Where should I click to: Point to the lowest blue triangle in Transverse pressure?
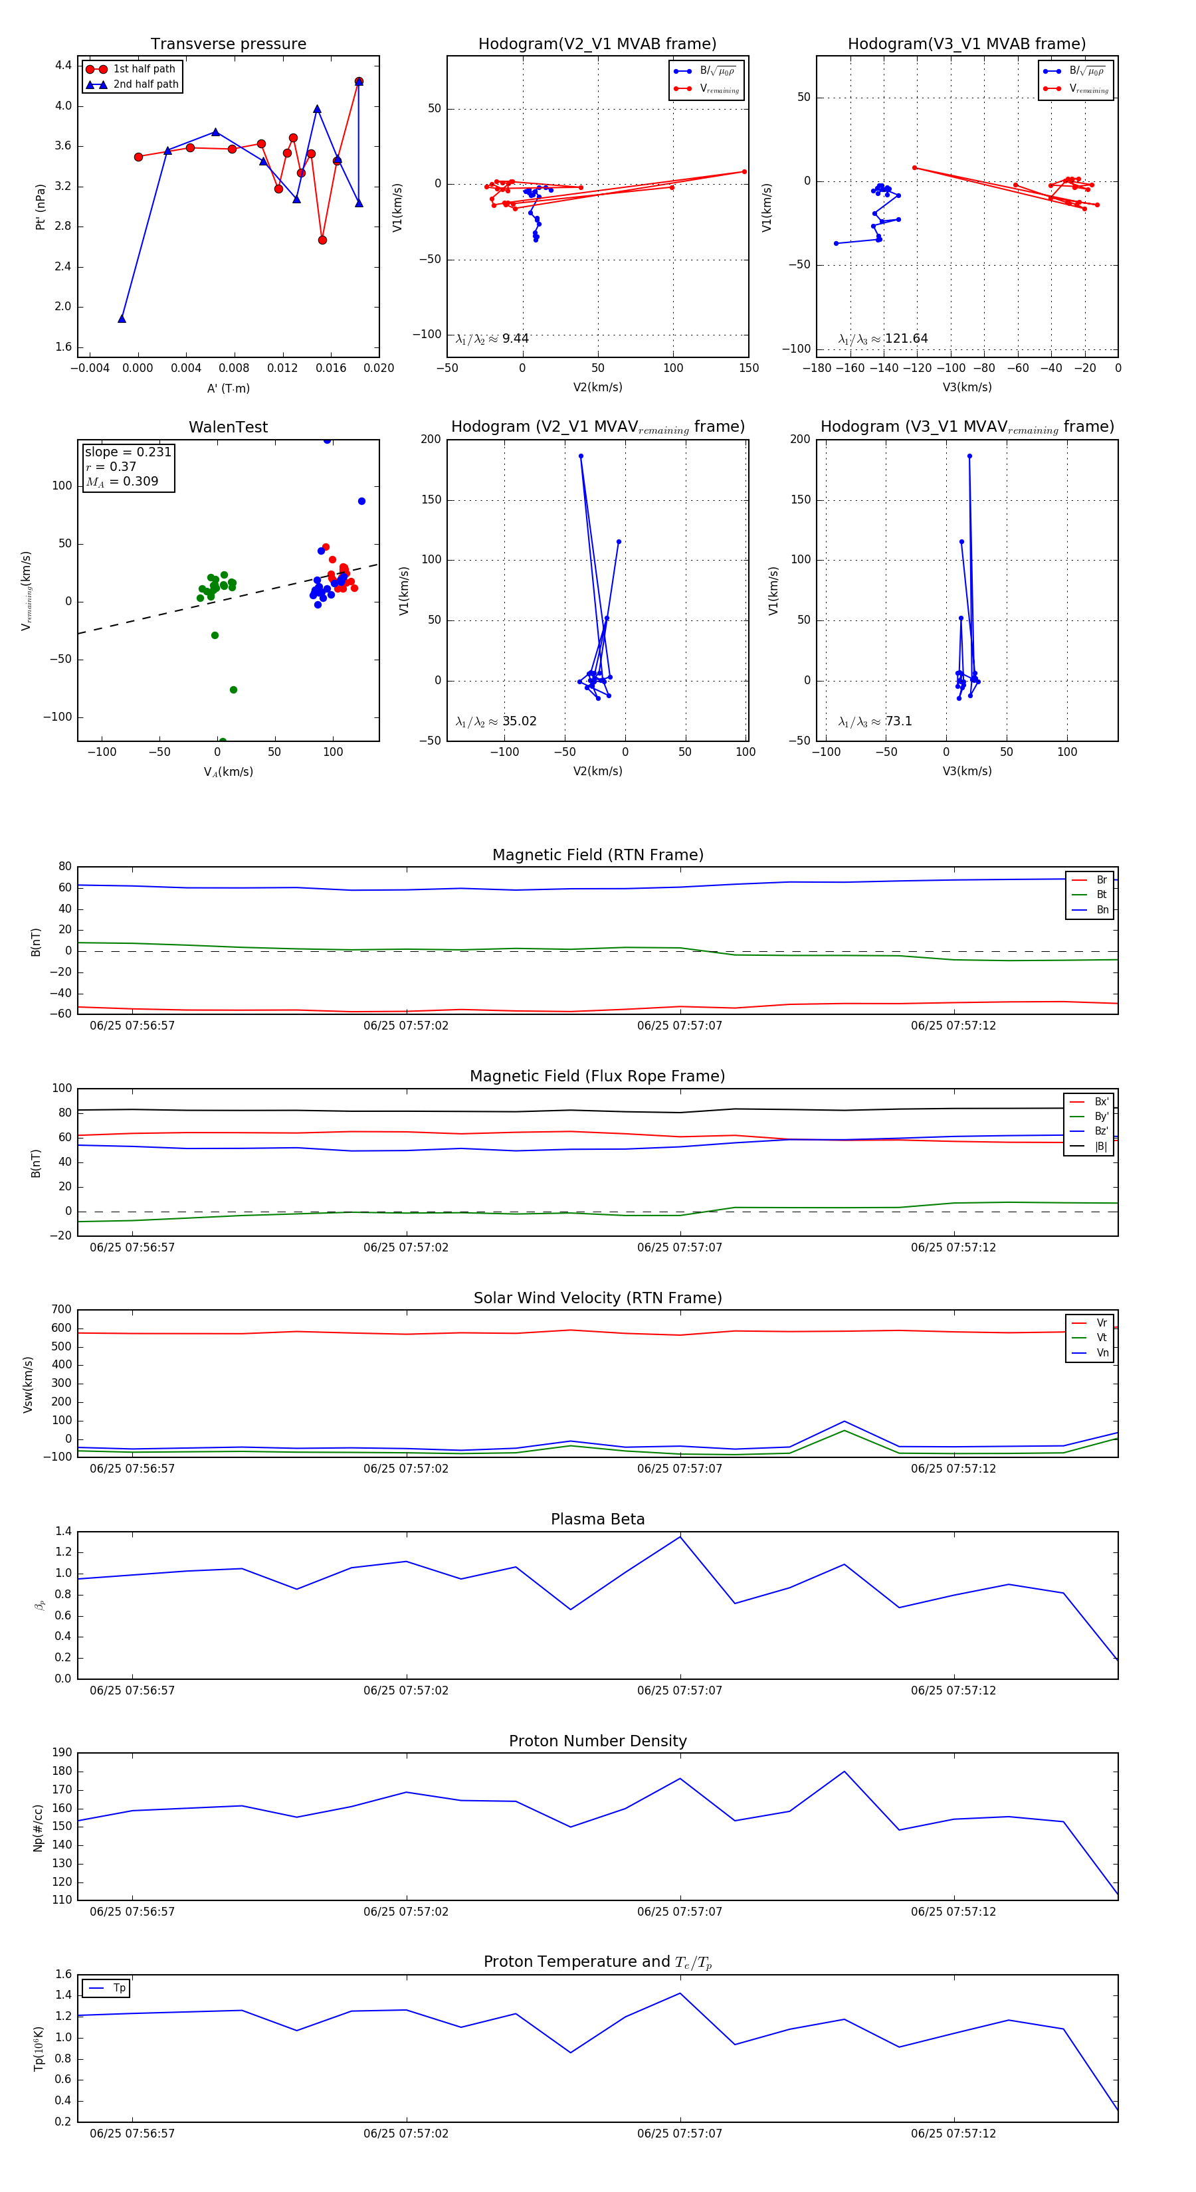[x=122, y=319]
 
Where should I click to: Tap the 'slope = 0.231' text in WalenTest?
[x=128, y=452]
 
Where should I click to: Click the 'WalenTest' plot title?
[x=228, y=427]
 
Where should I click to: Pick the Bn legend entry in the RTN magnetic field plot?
[x=1102, y=909]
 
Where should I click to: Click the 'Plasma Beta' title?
[x=597, y=1519]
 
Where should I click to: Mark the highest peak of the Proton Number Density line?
[x=845, y=1772]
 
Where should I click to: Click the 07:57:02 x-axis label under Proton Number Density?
[x=406, y=1911]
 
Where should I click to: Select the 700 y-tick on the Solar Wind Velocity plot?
[x=61, y=1310]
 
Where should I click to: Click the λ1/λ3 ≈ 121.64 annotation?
[x=883, y=339]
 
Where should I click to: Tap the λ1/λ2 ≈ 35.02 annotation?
[x=496, y=721]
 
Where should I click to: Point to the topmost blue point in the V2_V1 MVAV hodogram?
[x=581, y=456]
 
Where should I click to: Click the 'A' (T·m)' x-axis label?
[x=228, y=388]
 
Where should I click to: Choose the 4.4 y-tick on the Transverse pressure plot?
[x=63, y=66]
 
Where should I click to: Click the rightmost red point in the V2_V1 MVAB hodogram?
[x=744, y=172]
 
